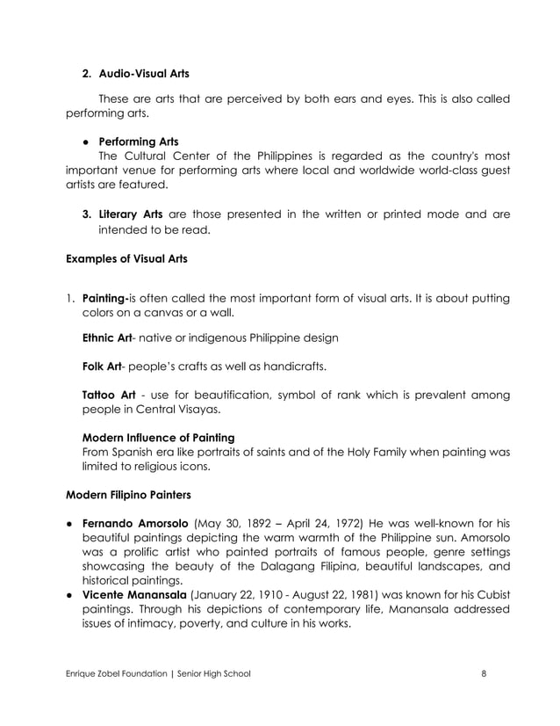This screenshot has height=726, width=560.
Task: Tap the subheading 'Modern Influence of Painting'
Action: point(158,438)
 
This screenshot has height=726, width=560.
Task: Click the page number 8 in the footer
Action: point(484,674)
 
